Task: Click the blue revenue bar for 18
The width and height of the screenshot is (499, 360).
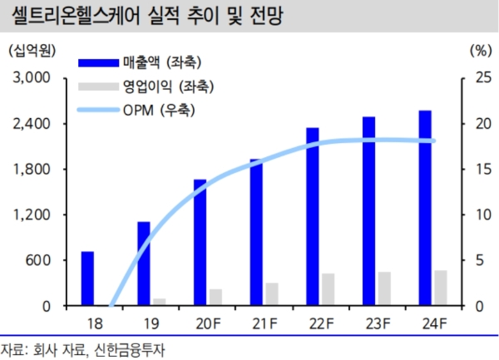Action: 87,279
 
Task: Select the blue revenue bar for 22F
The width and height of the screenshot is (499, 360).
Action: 313,216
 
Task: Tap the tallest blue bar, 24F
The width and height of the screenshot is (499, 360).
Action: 425,208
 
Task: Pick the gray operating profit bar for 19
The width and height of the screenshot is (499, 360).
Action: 159,302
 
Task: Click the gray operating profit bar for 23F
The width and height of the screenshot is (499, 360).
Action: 384,288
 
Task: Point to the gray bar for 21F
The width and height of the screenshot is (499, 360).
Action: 272,294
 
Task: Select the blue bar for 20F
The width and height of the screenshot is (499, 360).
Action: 200,242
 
